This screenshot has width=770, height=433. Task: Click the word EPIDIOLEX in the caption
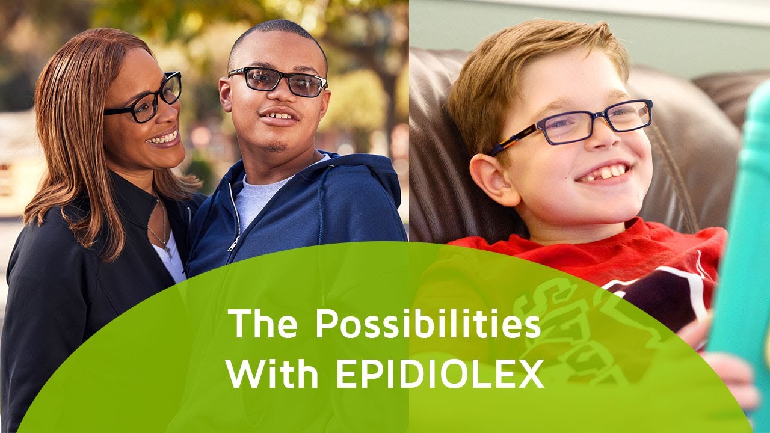tap(440, 374)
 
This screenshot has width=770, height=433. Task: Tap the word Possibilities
tap(428, 324)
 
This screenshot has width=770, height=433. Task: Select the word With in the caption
tap(273, 374)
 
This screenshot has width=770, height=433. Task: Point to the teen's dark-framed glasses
tap(278, 81)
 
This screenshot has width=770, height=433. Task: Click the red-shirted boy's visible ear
tap(492, 179)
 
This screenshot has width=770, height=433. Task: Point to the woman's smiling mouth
tap(164, 138)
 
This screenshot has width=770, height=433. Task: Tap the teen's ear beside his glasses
tap(226, 94)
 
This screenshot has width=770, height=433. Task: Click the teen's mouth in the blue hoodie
tap(279, 117)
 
